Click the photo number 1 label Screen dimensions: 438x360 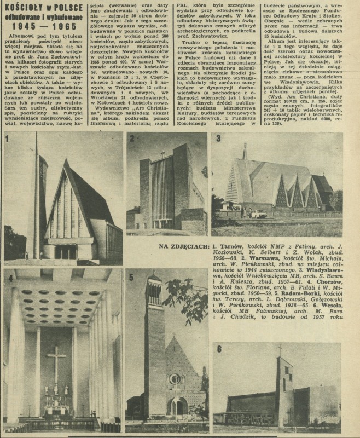(7, 137)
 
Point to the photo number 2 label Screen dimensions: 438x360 (132, 137)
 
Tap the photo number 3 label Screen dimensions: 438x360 (218, 138)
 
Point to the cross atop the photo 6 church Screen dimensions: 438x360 (280, 349)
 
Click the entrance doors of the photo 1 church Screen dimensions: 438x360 (65, 251)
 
